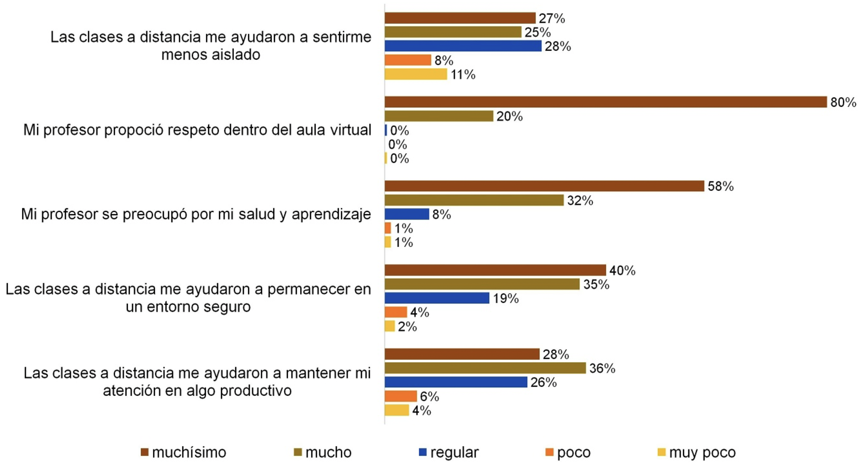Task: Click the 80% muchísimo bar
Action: (x=606, y=102)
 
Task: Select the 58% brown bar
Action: (x=544, y=186)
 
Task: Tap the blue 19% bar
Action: (x=437, y=298)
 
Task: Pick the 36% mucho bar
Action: (x=485, y=368)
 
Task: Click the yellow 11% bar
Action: (x=416, y=74)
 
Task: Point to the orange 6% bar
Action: (x=401, y=396)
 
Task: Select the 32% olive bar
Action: (x=474, y=200)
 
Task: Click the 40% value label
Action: (x=622, y=271)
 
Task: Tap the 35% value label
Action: (x=596, y=284)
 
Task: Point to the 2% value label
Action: (x=407, y=327)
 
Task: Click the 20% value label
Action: (x=509, y=116)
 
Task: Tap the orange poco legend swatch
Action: (x=549, y=452)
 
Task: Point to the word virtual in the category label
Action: (x=350, y=130)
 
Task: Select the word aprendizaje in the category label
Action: (x=331, y=214)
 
